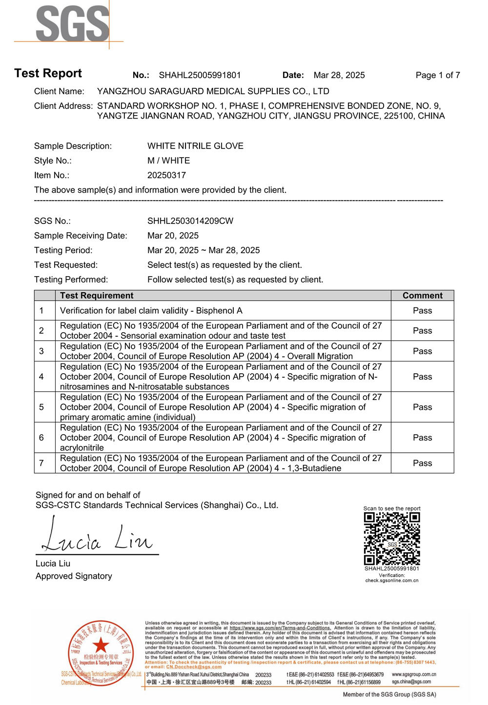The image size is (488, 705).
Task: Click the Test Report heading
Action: point(48,73)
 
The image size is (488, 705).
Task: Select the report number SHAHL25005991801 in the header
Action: point(200,75)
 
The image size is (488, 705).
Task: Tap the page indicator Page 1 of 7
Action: point(437,75)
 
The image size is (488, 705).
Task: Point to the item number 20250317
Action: point(166,175)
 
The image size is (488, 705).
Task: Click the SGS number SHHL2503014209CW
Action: point(190,221)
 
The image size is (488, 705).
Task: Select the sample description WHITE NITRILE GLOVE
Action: point(195,146)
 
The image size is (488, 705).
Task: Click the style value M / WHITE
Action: point(168,161)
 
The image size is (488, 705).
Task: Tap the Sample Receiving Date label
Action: point(81,236)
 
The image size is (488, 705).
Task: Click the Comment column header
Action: point(422,296)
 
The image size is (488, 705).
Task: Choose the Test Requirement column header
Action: point(97,296)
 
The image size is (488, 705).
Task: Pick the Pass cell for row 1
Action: point(422,311)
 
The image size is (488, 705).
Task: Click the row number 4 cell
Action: point(41,377)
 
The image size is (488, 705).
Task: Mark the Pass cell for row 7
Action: point(422,463)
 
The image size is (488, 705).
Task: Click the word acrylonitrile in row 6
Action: point(81,448)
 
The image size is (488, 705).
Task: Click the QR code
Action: point(392,539)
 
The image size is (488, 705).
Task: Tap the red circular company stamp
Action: point(101,654)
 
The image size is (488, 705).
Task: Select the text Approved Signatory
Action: point(74,576)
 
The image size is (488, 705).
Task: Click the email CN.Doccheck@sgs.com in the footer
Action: point(194,667)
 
